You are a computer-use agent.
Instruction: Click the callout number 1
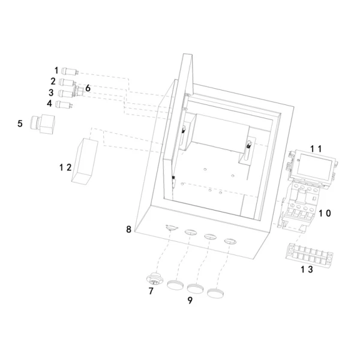coord(56,70)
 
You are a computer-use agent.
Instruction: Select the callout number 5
coord(20,124)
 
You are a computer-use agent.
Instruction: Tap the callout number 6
coord(88,88)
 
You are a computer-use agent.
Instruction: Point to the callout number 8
coord(128,229)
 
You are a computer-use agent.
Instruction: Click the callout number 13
coord(307,269)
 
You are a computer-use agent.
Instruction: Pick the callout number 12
coord(65,167)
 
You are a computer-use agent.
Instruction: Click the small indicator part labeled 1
coord(70,71)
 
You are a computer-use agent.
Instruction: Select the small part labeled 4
coord(64,104)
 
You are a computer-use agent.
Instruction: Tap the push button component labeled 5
coord(43,124)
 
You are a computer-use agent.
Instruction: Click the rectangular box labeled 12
coord(85,161)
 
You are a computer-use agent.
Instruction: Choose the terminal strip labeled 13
coord(310,256)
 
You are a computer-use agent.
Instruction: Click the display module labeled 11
coord(313,167)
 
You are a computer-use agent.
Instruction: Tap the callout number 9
coord(190,300)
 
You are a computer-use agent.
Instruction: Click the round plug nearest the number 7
coord(175,285)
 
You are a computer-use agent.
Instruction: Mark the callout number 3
coord(51,93)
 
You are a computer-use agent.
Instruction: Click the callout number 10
coord(325,213)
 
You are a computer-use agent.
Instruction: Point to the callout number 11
coord(316,149)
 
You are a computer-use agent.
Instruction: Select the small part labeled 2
coord(68,82)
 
